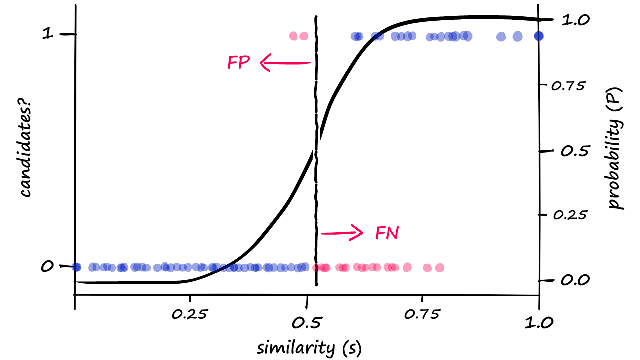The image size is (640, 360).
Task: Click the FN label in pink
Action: (x=387, y=233)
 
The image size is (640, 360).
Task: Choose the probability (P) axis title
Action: (x=616, y=149)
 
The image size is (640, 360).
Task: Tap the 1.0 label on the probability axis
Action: (x=576, y=20)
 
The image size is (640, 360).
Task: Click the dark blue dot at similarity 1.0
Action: (x=539, y=36)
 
